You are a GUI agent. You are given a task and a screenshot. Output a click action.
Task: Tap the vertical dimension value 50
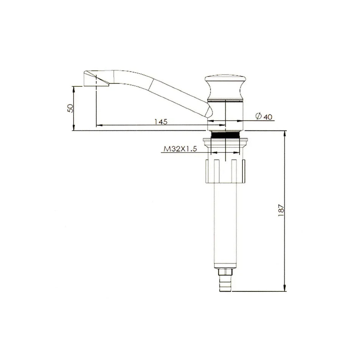point(69,108)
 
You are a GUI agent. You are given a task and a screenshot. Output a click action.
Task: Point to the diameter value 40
point(268,117)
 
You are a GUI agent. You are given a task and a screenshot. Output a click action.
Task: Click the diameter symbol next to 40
point(258,116)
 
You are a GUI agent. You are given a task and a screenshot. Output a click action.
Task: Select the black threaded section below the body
point(225,135)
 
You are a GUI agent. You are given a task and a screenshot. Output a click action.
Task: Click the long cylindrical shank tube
point(225,227)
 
